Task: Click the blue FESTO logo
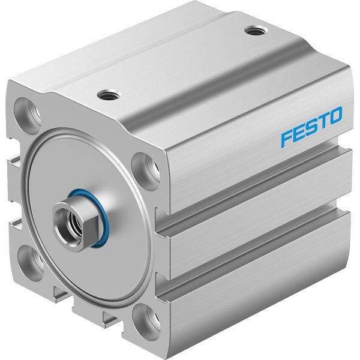pos(311,126)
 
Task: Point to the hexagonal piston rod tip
pos(73,223)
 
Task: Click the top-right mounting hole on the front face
pos(145,171)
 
